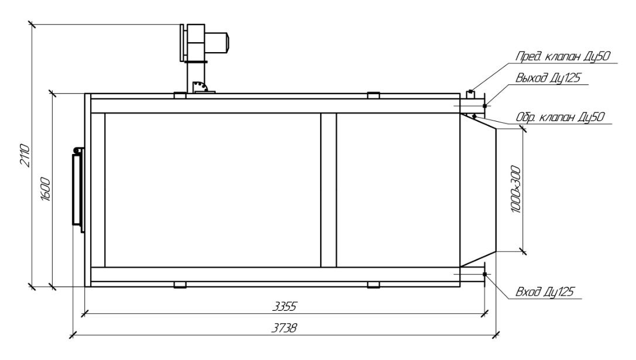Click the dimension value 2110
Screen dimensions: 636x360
tap(25, 155)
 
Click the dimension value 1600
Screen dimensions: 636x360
tap(46, 189)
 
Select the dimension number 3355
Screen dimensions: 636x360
tap(284, 306)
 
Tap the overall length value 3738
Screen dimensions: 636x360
tap(284, 328)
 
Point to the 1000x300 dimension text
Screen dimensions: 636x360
tap(515, 189)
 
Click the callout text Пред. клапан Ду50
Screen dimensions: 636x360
tap(562, 56)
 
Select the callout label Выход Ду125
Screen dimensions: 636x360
tap(548, 77)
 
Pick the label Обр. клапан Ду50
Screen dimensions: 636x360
tap(560, 117)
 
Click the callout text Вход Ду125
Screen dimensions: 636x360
tap(545, 292)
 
